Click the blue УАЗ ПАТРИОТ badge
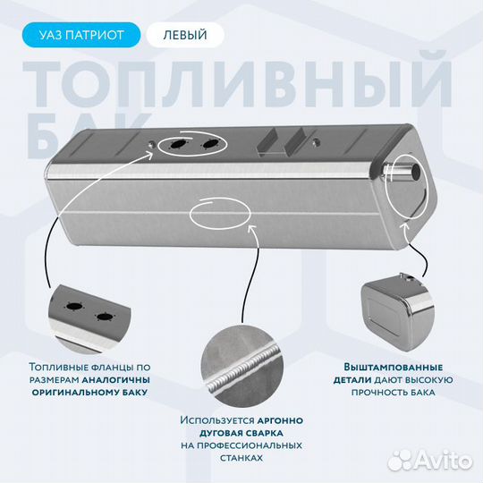81,35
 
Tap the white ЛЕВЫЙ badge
185,35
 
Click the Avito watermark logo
430,462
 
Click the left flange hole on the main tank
178,144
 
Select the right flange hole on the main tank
211,143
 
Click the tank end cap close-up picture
398,315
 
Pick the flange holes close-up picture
90,319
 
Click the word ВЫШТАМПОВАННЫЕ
394,368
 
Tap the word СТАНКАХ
241,458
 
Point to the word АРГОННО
280,420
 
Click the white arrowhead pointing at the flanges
148,155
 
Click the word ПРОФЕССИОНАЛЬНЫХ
241,445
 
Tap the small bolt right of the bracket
316,141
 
